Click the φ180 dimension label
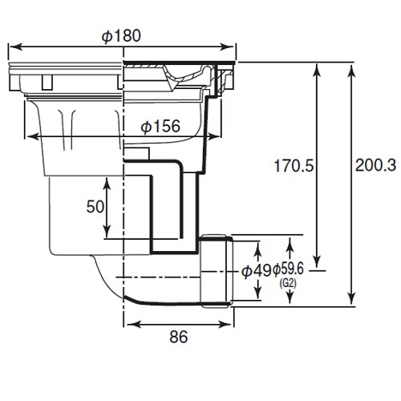123,36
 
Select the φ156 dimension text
160,127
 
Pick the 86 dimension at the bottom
179,338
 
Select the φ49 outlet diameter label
256,271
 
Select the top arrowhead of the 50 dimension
104,172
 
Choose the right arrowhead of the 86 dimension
231,324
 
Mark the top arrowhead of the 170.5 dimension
318,67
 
